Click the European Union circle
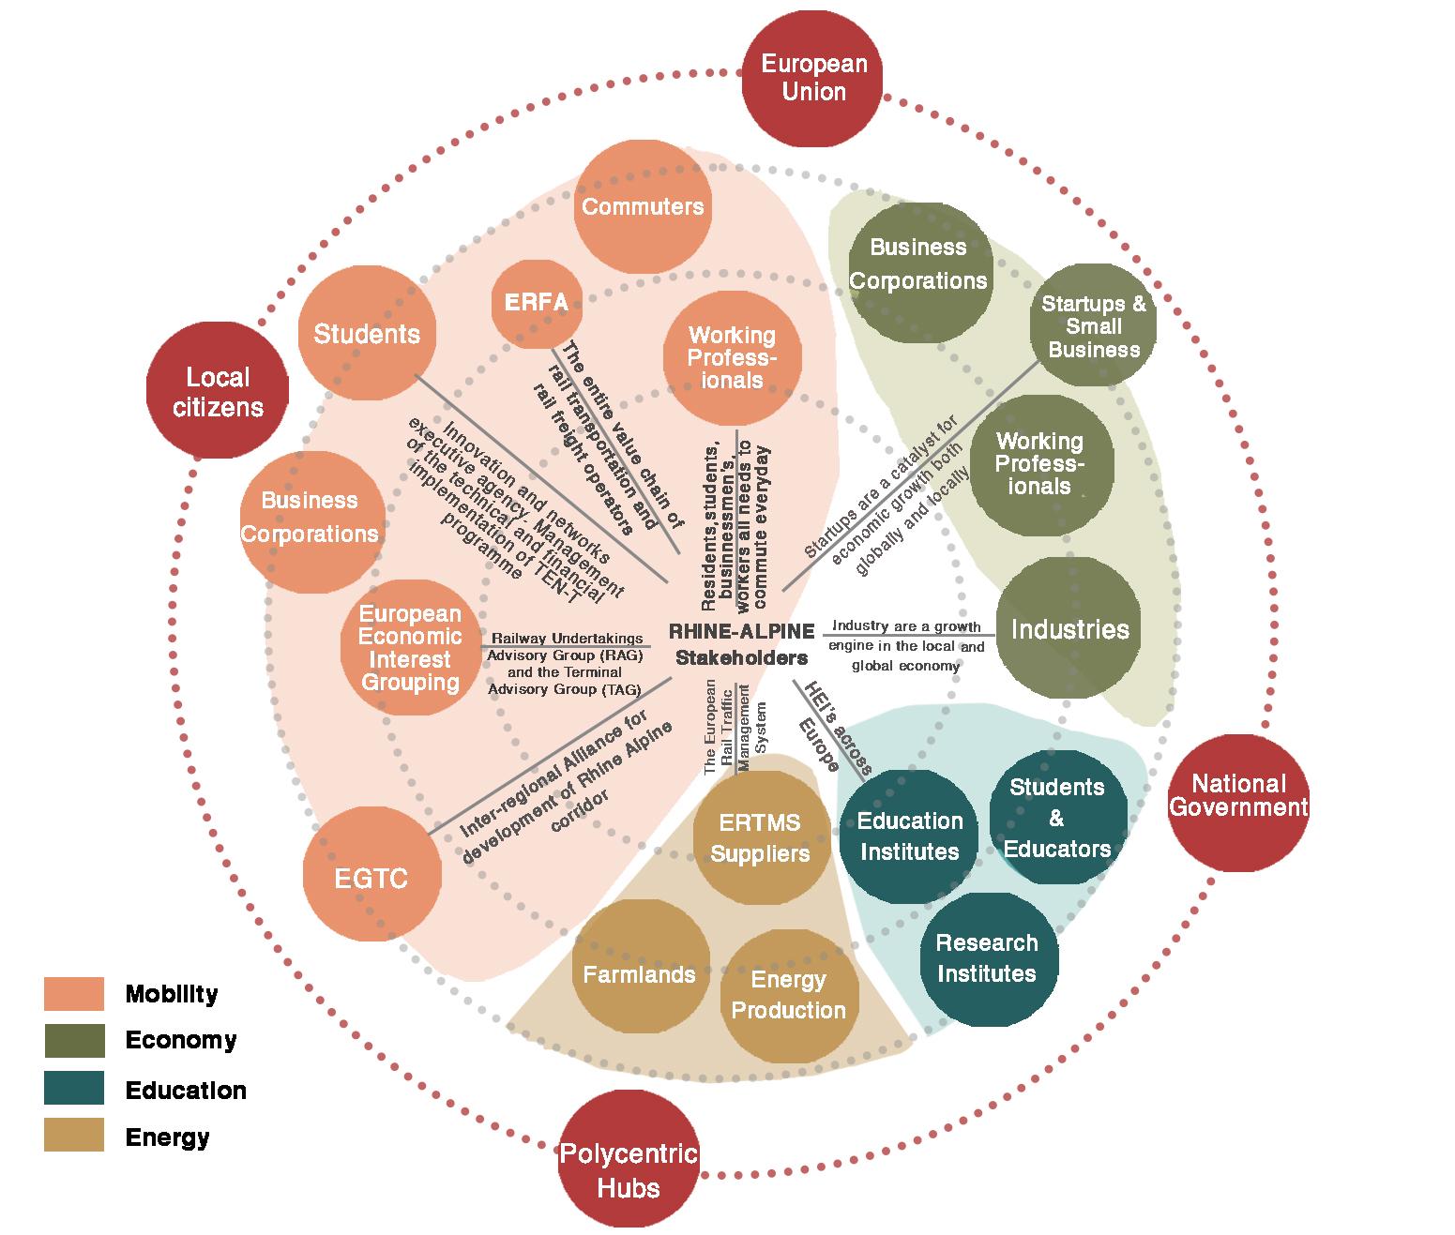812,80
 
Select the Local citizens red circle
218,391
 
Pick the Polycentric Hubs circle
629,1171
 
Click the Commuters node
643,207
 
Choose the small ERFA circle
537,303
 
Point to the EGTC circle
372,877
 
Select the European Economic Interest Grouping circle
410,648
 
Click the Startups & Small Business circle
1093,325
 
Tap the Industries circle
1069,629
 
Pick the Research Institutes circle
987,957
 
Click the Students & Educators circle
1057,817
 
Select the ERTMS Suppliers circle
761,837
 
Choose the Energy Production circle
789,995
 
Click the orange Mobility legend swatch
74,994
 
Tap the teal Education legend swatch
74,1089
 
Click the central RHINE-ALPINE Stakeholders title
741,645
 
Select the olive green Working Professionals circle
1040,464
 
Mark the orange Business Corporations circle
311,520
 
